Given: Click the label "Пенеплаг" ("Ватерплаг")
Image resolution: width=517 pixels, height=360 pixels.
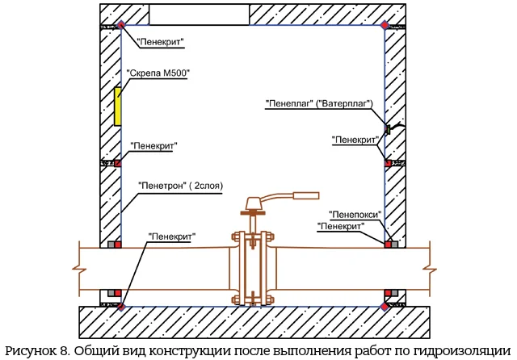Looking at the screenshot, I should (x=319, y=104).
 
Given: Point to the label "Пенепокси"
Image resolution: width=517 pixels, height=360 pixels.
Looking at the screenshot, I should (x=355, y=214).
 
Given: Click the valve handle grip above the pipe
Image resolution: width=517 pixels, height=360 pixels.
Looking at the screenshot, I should (x=307, y=194).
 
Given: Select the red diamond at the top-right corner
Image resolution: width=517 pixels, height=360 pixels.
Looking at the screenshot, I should (x=385, y=26).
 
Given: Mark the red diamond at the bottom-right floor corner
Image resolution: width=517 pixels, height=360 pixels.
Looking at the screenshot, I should (x=385, y=306).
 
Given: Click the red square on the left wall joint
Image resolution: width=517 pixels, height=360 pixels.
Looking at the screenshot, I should (x=118, y=164).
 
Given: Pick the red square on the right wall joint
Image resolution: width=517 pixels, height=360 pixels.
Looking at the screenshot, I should (x=388, y=164).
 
